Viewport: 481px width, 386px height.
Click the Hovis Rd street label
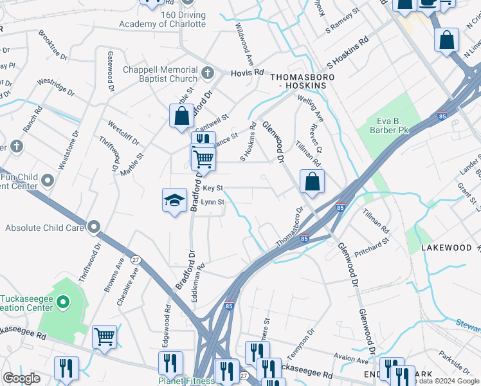(x=248, y=73)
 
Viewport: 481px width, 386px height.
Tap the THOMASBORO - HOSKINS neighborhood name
(x=296, y=80)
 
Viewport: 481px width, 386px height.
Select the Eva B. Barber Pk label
(x=394, y=125)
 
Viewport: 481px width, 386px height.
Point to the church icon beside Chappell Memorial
(x=207, y=73)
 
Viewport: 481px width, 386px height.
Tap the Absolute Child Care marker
(x=95, y=227)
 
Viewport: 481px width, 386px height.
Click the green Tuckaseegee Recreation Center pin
(x=62, y=301)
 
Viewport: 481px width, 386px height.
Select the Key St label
(x=212, y=188)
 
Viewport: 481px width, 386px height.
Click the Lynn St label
(x=212, y=202)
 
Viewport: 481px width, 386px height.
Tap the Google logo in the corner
(x=21, y=378)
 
